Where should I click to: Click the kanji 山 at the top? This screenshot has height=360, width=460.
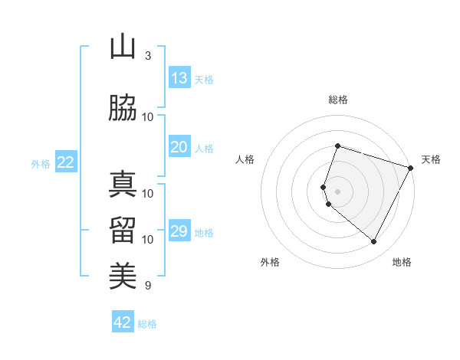pyautogui.click(x=123, y=47)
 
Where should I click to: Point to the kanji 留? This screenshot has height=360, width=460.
pyautogui.click(x=123, y=230)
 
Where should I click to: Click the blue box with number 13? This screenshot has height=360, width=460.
pyautogui.click(x=179, y=78)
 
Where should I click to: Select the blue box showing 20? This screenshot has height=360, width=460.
pyautogui.click(x=179, y=147)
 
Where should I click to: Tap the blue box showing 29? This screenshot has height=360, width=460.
pyautogui.click(x=179, y=231)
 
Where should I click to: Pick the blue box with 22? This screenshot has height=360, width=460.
pyautogui.click(x=66, y=162)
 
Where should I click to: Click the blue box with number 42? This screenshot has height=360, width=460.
pyautogui.click(x=123, y=322)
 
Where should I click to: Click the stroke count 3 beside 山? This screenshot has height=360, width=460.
pyautogui.click(x=148, y=55)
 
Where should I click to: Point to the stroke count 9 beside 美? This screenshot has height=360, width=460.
pyautogui.click(x=148, y=286)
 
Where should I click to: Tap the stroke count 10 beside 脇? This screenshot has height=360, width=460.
pyautogui.click(x=148, y=116)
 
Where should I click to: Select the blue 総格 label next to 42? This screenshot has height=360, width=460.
pyautogui.click(x=147, y=324)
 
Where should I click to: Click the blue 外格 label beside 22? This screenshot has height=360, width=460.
pyautogui.click(x=41, y=163)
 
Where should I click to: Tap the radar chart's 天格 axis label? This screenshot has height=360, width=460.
pyautogui.click(x=431, y=159)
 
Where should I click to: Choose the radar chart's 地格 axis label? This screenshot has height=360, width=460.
pyautogui.click(x=402, y=262)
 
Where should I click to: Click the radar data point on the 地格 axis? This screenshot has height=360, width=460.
pyautogui.click(x=373, y=242)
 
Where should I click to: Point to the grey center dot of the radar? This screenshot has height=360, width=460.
pyautogui.click(x=337, y=191)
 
